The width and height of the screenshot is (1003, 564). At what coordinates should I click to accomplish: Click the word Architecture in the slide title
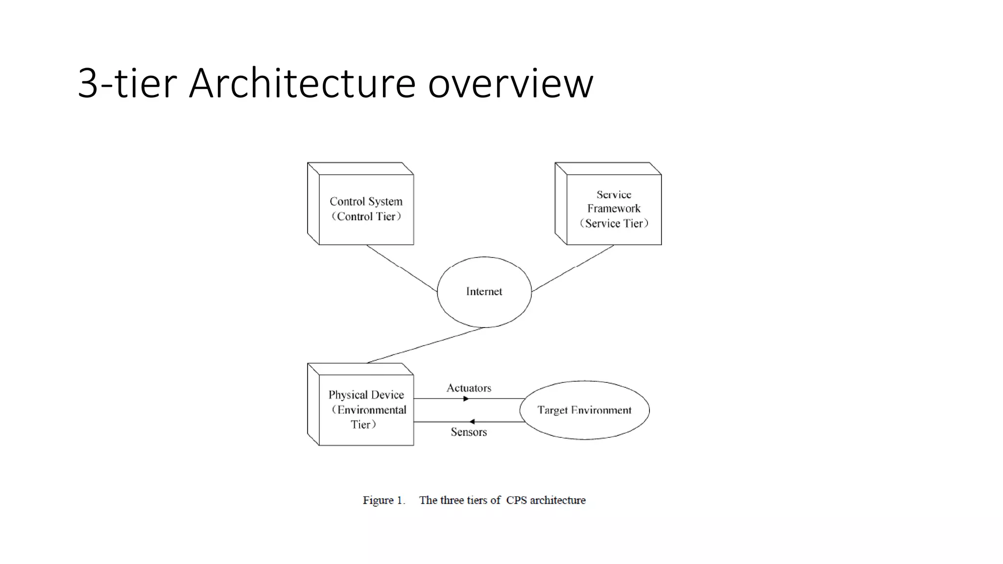point(302,83)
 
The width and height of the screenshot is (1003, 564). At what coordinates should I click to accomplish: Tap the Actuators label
point(469,388)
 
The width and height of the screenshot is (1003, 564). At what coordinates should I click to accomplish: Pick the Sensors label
point(469,432)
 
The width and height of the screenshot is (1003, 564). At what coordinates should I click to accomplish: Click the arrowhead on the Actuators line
point(466,399)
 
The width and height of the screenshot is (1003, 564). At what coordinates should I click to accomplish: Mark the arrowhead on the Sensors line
point(472,422)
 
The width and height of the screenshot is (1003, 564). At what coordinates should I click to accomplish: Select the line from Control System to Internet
point(402,268)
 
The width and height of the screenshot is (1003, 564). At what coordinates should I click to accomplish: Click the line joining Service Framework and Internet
point(573,268)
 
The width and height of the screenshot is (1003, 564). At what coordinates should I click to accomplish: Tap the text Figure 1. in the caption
point(384,500)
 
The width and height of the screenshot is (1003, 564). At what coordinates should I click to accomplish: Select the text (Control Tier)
point(366,216)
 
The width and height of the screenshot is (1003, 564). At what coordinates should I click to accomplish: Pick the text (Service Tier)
point(614,223)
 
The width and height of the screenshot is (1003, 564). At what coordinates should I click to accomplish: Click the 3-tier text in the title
point(127,83)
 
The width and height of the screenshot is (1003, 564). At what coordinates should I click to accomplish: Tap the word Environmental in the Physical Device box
point(371,410)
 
